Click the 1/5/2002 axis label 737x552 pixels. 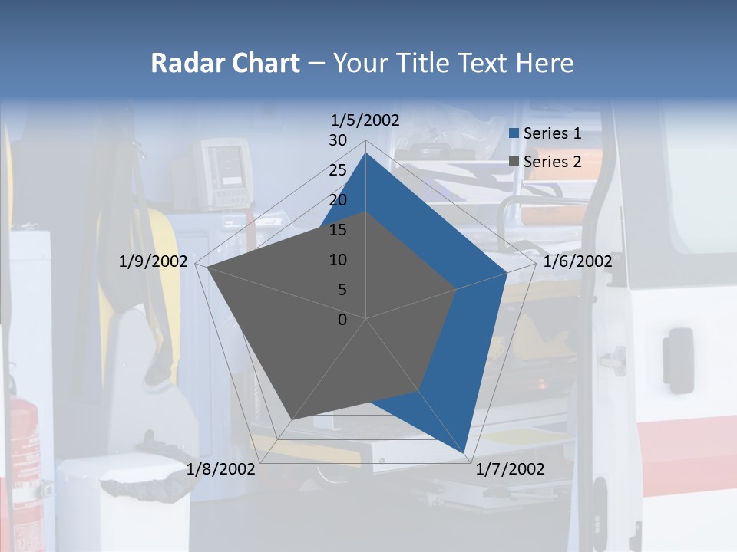[365, 120]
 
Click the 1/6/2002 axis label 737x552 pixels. [577, 261]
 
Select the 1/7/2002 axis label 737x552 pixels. [511, 469]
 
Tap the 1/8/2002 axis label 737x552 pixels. [221, 469]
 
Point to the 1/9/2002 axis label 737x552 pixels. [154, 261]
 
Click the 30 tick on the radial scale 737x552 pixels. [338, 140]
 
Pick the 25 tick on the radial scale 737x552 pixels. [338, 170]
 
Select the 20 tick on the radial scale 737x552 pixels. [338, 200]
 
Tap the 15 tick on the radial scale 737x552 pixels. [338, 230]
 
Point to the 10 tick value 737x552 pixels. [338, 260]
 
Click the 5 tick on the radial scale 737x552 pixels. [342, 290]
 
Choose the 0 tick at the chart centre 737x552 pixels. [342, 320]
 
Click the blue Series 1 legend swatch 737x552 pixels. [514, 133]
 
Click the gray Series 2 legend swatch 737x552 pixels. [514, 162]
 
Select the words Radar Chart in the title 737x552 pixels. [225, 63]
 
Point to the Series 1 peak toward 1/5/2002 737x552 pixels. [365, 153]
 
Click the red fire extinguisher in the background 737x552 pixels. [23, 445]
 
